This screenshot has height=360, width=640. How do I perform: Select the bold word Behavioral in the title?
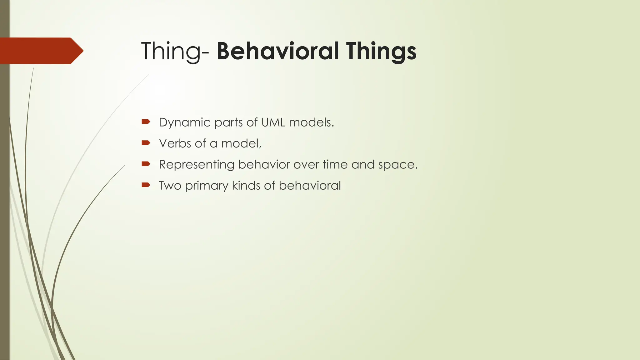point(277,51)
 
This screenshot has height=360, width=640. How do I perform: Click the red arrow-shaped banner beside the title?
point(41,51)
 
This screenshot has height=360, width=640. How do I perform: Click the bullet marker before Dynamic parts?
point(146,122)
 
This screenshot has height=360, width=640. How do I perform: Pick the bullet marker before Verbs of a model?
point(146,143)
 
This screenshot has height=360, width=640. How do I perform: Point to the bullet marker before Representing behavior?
point(146,164)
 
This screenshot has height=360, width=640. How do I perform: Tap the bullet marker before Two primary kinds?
point(146,185)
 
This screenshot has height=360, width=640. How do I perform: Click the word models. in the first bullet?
point(312,122)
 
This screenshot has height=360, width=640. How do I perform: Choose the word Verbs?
point(175,143)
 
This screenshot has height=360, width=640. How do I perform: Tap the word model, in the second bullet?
point(241,143)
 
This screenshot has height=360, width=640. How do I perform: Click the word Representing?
point(196,165)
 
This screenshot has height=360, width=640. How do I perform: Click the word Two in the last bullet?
point(170,186)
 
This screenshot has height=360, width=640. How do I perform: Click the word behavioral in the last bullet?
point(310,186)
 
